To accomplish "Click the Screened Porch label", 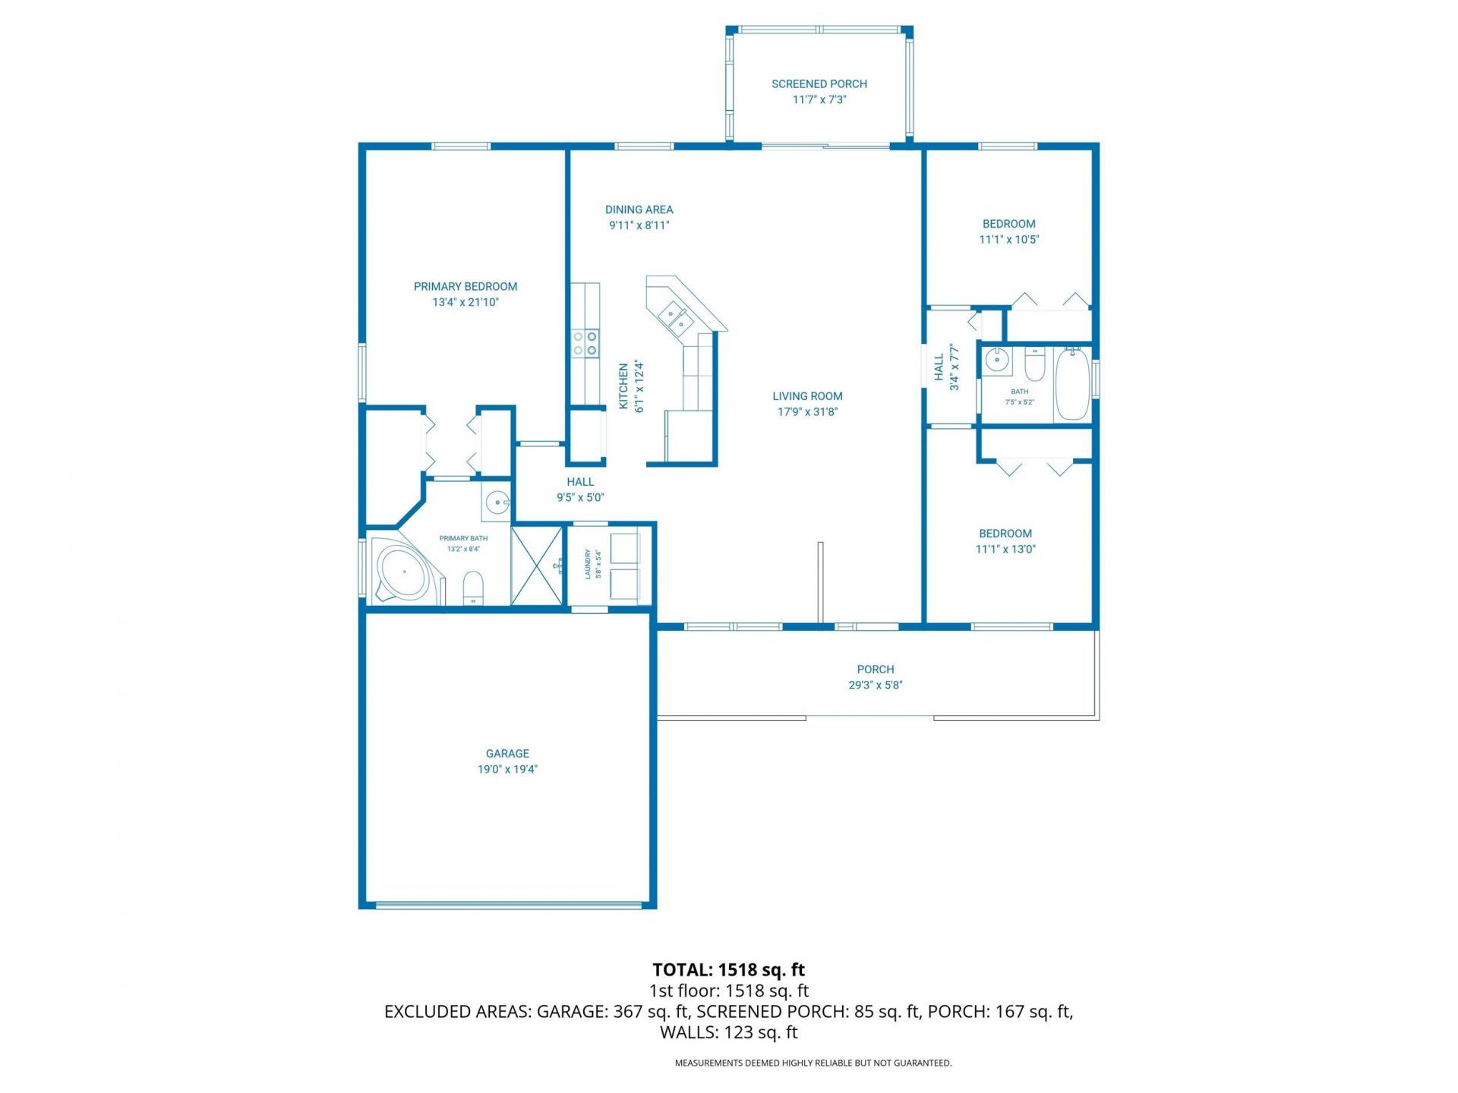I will click(x=819, y=83).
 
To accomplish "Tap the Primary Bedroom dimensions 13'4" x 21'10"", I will click(x=465, y=302).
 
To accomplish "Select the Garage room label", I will click(x=507, y=753).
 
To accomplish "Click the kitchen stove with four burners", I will click(x=585, y=343).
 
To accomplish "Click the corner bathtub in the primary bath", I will click(x=403, y=572).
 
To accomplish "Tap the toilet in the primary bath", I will click(x=473, y=586).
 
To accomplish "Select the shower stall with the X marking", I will click(x=536, y=565).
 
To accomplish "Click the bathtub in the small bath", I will click(x=1072, y=384).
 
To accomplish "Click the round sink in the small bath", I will click(x=996, y=361).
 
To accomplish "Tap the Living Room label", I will click(x=807, y=395).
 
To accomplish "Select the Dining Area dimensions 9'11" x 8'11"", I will click(x=639, y=225).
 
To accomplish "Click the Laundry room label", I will click(x=588, y=565).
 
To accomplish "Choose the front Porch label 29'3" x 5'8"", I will click(x=875, y=676).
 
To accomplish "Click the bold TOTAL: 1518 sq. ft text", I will click(x=728, y=969).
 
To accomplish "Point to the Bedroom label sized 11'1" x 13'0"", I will click(x=1005, y=533).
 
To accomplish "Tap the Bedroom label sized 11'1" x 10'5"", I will click(x=1008, y=223).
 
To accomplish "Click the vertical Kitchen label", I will click(x=623, y=386).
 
